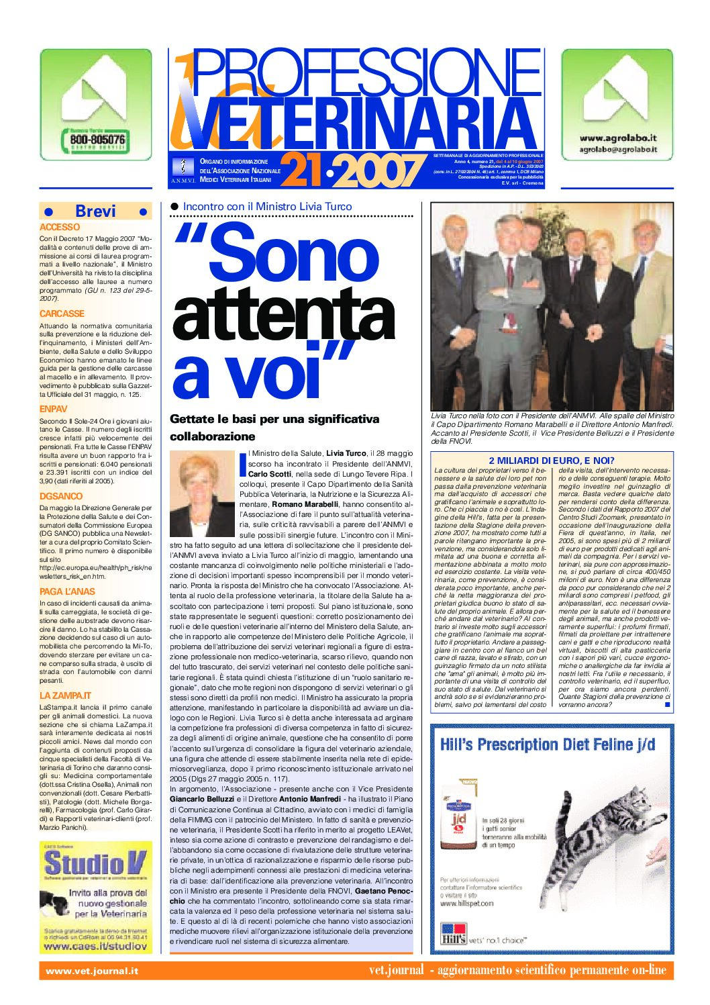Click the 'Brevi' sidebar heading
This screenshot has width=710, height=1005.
tap(95, 211)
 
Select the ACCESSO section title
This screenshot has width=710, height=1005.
tap(60, 228)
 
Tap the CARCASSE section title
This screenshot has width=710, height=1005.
tap(62, 314)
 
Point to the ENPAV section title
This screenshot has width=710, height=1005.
tap(54, 409)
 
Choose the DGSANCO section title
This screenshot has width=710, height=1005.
tap(61, 496)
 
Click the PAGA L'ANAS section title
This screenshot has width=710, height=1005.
tap(67, 591)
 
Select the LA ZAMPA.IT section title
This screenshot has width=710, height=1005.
tap(65, 696)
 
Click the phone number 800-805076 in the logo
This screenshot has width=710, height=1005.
tap(97, 140)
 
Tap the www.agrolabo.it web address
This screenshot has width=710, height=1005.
tap(618, 138)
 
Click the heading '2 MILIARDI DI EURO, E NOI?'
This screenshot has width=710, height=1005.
tap(552, 460)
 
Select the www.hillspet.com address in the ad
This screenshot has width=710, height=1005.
tap(467, 903)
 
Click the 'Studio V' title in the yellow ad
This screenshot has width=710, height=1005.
tap(95, 863)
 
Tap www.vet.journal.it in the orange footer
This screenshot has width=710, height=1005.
tap(92, 970)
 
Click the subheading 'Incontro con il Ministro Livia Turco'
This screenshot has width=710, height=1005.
tap(267, 207)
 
